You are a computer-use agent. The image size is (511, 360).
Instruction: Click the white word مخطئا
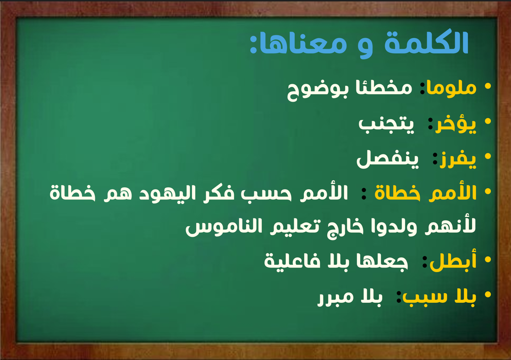(x=384, y=87)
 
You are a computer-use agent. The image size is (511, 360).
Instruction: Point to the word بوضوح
(x=318, y=90)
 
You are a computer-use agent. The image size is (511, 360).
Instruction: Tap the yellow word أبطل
(x=453, y=261)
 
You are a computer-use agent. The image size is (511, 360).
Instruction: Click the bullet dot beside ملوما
(x=488, y=86)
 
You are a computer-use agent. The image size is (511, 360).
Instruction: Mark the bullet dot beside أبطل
(x=488, y=260)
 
